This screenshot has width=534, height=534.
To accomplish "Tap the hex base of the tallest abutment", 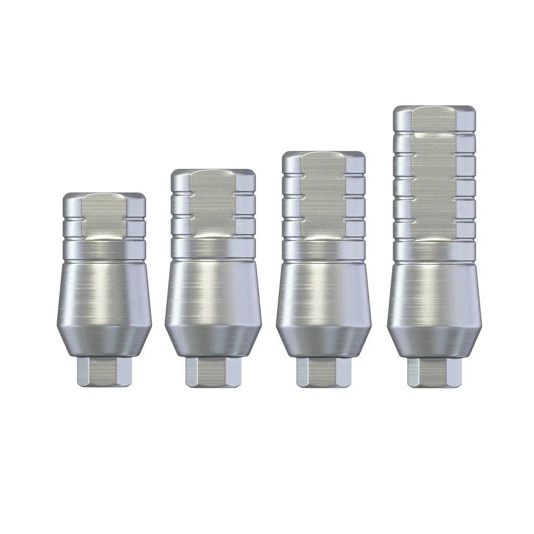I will (x=434, y=372).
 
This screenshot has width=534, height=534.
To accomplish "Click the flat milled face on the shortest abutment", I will (x=104, y=216).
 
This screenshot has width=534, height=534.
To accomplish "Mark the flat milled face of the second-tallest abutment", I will (x=324, y=194).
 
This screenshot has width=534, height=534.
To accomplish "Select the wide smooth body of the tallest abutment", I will (x=434, y=294).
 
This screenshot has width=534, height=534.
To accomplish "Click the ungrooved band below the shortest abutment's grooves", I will (x=104, y=250).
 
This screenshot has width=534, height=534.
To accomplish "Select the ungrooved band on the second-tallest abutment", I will (x=324, y=250).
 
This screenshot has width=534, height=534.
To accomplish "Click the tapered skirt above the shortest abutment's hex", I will (x=104, y=340).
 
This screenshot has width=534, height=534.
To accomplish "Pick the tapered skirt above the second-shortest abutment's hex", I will (x=213, y=340).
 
